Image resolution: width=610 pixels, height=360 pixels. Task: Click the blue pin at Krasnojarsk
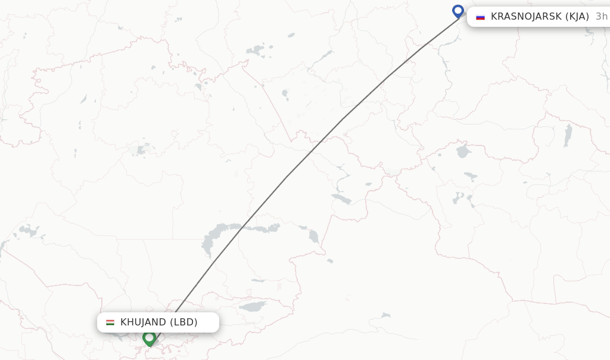pos(457,11)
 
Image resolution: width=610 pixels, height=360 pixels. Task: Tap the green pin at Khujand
pos(149,338)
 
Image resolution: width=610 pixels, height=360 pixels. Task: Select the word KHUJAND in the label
pos(143,322)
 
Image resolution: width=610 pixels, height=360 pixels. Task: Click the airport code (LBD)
pos(183,322)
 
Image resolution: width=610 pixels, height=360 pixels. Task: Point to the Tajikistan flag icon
pos(110,322)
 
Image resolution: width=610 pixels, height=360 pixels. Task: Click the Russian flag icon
pos(480,17)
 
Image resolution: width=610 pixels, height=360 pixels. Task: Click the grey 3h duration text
pos(601,17)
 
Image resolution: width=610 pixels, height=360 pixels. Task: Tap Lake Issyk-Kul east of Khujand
pos(253,307)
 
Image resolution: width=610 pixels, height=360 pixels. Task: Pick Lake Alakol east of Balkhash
pos(313,237)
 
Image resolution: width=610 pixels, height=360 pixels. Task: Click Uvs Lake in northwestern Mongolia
pos(463,151)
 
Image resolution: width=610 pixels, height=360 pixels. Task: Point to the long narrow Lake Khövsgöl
pos(568,135)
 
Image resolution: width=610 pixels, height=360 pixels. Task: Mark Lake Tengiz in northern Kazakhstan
pos(143,148)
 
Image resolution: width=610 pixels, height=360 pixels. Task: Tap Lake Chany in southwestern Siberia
pos(256,51)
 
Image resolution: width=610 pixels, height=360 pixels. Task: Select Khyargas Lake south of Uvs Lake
pos(470,176)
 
